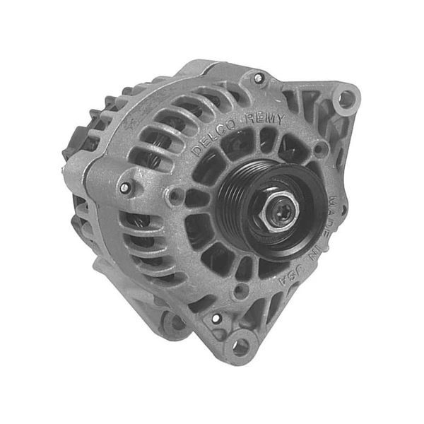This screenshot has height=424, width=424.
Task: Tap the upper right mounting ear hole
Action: coord(346,99)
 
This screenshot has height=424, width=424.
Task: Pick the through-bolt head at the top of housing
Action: coord(259,78)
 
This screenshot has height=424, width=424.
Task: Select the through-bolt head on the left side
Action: coord(126,188)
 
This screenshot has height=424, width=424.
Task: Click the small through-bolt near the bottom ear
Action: coord(216,319)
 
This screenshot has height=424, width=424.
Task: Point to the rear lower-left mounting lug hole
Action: coord(173,322)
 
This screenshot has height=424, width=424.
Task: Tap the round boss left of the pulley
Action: coord(175,196)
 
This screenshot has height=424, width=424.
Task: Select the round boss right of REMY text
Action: coord(321,149)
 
